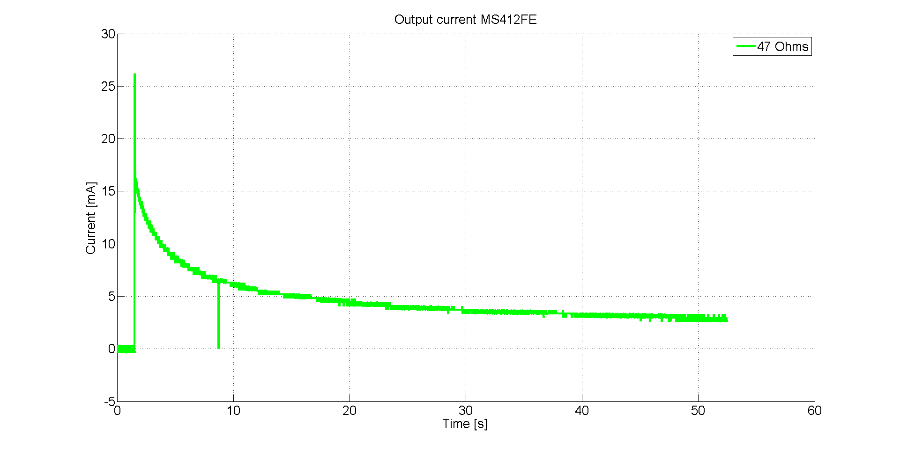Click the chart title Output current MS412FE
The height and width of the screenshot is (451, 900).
[x=465, y=20]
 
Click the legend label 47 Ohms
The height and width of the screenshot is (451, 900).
[x=782, y=47]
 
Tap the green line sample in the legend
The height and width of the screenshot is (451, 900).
[x=745, y=46]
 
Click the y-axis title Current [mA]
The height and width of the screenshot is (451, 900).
[x=91, y=218]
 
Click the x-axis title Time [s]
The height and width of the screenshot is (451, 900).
[x=465, y=424]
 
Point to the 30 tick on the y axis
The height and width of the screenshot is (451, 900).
[x=108, y=34]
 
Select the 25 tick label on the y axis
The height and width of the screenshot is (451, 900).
[x=108, y=87]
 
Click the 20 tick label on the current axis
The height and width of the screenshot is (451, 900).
[x=108, y=139]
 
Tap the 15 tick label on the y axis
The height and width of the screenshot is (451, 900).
[x=108, y=191]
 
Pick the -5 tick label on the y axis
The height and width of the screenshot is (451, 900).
[x=109, y=401]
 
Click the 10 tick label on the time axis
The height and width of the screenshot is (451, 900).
[x=233, y=411]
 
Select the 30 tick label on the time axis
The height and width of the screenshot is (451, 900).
[x=466, y=411]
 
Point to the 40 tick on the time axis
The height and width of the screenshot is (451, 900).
[x=582, y=411]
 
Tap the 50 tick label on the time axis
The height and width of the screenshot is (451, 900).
[x=698, y=411]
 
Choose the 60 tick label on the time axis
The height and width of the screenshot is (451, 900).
[x=815, y=411]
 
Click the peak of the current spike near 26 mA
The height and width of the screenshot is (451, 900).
[x=134, y=75]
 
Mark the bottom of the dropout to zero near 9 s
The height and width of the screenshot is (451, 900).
[x=219, y=348]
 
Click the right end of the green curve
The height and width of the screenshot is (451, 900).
[x=727, y=320]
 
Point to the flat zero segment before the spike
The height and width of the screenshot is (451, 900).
[x=126, y=349]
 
